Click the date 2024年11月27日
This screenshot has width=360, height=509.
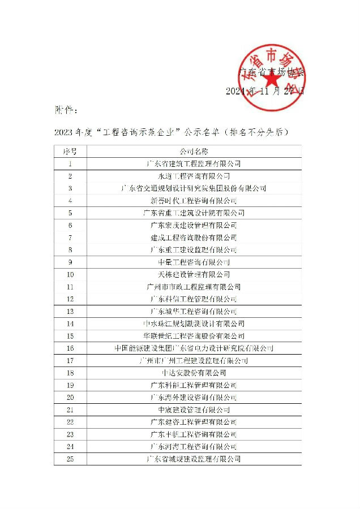(x=264, y=91)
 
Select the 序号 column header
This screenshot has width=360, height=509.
(x=70, y=152)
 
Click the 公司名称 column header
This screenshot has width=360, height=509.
(x=194, y=152)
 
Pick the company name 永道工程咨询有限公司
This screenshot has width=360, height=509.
(x=194, y=176)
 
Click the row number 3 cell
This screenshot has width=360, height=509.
(x=70, y=188)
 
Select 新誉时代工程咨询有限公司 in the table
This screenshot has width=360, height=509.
(x=194, y=201)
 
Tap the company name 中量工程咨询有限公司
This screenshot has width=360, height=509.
(x=194, y=262)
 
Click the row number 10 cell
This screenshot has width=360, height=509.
(x=70, y=275)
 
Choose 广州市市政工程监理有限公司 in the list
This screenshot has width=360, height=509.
(x=194, y=287)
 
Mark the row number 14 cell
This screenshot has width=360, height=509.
(x=70, y=323)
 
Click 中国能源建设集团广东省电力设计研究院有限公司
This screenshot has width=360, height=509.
(x=194, y=348)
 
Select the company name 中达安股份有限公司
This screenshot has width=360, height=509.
(x=194, y=373)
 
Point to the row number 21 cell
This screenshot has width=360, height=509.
(x=70, y=409)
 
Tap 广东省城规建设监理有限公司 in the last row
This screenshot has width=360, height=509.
(x=194, y=459)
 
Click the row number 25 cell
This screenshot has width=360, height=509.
(x=70, y=459)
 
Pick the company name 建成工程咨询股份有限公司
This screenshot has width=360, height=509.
(x=194, y=238)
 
